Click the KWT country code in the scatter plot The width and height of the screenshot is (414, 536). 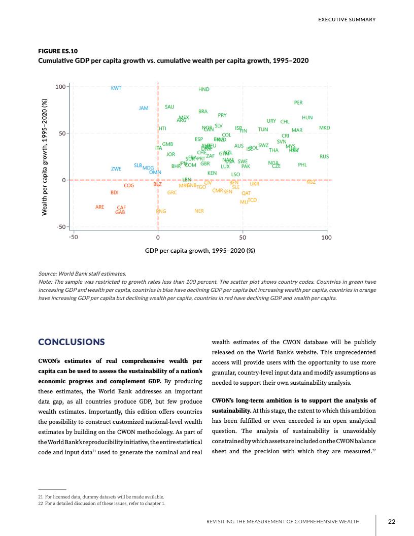tap(116, 88)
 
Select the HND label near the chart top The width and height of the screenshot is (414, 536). tap(203, 89)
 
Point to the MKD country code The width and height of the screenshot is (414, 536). tap(324, 128)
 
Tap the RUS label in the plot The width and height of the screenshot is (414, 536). tap(324, 157)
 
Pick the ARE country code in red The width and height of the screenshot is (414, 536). tap(100, 207)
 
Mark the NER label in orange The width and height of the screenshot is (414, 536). tap(199, 211)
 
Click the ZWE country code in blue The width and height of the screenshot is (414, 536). tap(116, 169)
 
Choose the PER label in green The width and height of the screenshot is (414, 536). tap(298, 103)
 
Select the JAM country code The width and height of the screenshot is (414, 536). tap(144, 108)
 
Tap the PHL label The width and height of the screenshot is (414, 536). tap(302, 164)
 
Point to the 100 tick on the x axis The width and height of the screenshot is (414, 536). tap(326, 237)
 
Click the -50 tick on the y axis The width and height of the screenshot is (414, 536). tap(60, 226)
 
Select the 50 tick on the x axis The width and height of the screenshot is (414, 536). tap(243, 237)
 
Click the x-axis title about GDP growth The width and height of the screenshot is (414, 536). tap(200, 250)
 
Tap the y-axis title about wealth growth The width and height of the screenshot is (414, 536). tap(45, 157)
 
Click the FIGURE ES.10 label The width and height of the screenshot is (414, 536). tap(58, 51)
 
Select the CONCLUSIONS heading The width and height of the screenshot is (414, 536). tap(72, 342)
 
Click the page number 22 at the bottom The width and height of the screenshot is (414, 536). tap(391, 521)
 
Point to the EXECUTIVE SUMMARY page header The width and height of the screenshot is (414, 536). tap(347, 20)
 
